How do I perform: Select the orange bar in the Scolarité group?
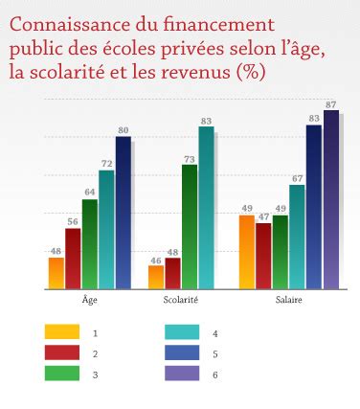(155, 277)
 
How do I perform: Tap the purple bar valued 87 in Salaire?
(330, 199)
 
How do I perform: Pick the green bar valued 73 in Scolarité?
(189, 227)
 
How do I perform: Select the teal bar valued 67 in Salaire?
(297, 236)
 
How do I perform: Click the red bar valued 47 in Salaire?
(263, 255)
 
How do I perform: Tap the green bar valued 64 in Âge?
(89, 243)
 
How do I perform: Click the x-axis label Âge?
(89, 300)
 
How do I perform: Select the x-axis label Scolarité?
(181, 300)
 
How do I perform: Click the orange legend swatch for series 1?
(61, 332)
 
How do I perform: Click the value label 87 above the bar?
(330, 103)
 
